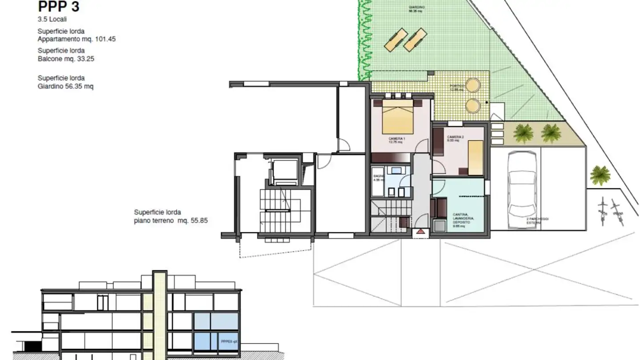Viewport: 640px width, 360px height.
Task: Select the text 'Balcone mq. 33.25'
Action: click(66, 59)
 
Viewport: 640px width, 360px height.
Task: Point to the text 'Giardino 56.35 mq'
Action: click(66, 86)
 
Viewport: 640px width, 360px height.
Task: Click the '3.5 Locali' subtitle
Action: click(52, 20)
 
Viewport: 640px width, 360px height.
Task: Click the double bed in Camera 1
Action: click(398, 116)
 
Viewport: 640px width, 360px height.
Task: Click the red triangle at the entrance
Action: click(421, 232)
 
